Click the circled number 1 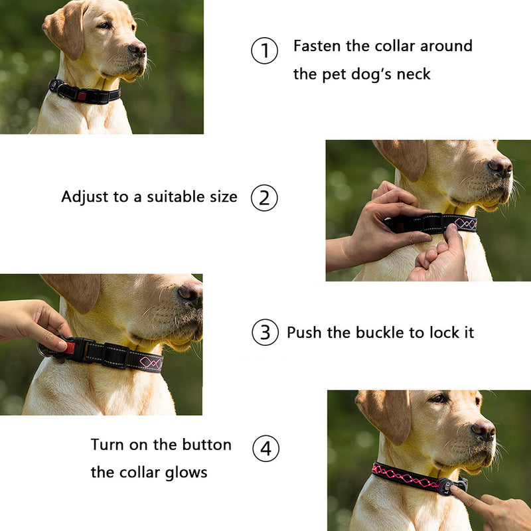coord(264,50)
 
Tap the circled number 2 coord(264,198)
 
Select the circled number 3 coord(265,333)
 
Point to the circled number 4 coord(266,449)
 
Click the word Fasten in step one coord(317,46)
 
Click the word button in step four coord(206,445)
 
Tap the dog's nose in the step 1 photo coord(138,49)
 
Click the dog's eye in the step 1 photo coord(104,26)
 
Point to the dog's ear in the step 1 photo coord(64,30)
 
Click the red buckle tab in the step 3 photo coord(70,347)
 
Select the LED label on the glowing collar coord(447,488)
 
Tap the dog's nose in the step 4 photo coord(484,430)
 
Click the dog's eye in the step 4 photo coord(439,399)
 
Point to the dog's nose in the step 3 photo coord(190,291)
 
